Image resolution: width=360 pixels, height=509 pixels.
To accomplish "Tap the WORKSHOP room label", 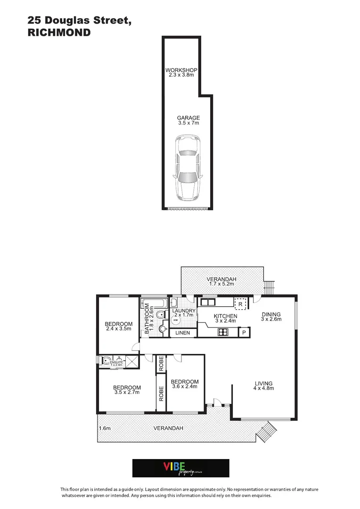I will (181, 72).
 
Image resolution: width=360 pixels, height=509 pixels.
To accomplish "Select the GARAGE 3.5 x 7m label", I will (188, 120).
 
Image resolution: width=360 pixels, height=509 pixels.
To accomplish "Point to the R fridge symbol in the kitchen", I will (240, 304).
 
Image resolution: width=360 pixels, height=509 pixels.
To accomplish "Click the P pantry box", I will (244, 333).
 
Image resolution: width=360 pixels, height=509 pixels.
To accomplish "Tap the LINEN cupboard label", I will (182, 333).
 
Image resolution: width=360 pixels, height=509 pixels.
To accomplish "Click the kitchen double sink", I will (208, 302).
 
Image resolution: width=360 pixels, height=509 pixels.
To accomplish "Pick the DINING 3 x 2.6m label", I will (271, 317).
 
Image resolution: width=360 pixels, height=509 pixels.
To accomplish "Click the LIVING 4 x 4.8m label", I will (263, 386).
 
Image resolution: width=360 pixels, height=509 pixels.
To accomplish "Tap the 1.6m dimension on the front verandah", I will (105, 428).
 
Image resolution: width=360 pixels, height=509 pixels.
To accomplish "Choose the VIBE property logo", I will (180, 468).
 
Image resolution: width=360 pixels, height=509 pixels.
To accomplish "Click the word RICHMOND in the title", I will (59, 33).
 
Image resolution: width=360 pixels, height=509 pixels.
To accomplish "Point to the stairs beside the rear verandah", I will (269, 287).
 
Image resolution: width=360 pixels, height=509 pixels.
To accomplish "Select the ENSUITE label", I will (116, 362).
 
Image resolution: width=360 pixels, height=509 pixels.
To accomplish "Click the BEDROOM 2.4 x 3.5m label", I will (118, 327).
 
